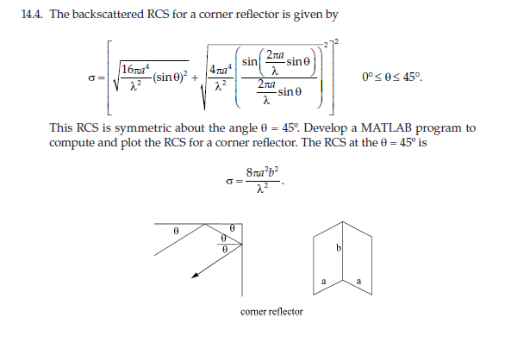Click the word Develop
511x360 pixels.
(x=358, y=128)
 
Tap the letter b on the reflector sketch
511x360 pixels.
(x=339, y=249)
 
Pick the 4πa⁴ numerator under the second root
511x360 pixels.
(x=223, y=70)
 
